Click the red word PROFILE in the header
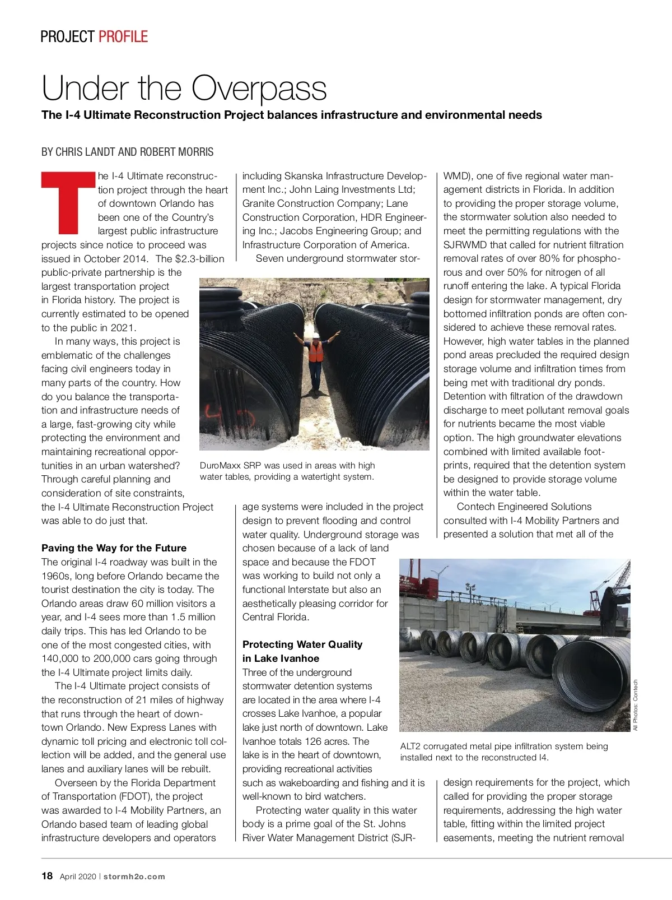[123, 37]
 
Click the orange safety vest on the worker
[316, 352]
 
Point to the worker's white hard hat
[315, 335]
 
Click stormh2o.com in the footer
[134, 876]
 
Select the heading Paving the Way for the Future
[114, 548]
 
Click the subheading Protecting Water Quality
[302, 644]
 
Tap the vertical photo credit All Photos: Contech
[636, 705]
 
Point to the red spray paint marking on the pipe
[230, 415]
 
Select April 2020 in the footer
[78, 876]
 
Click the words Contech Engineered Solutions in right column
[524, 507]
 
